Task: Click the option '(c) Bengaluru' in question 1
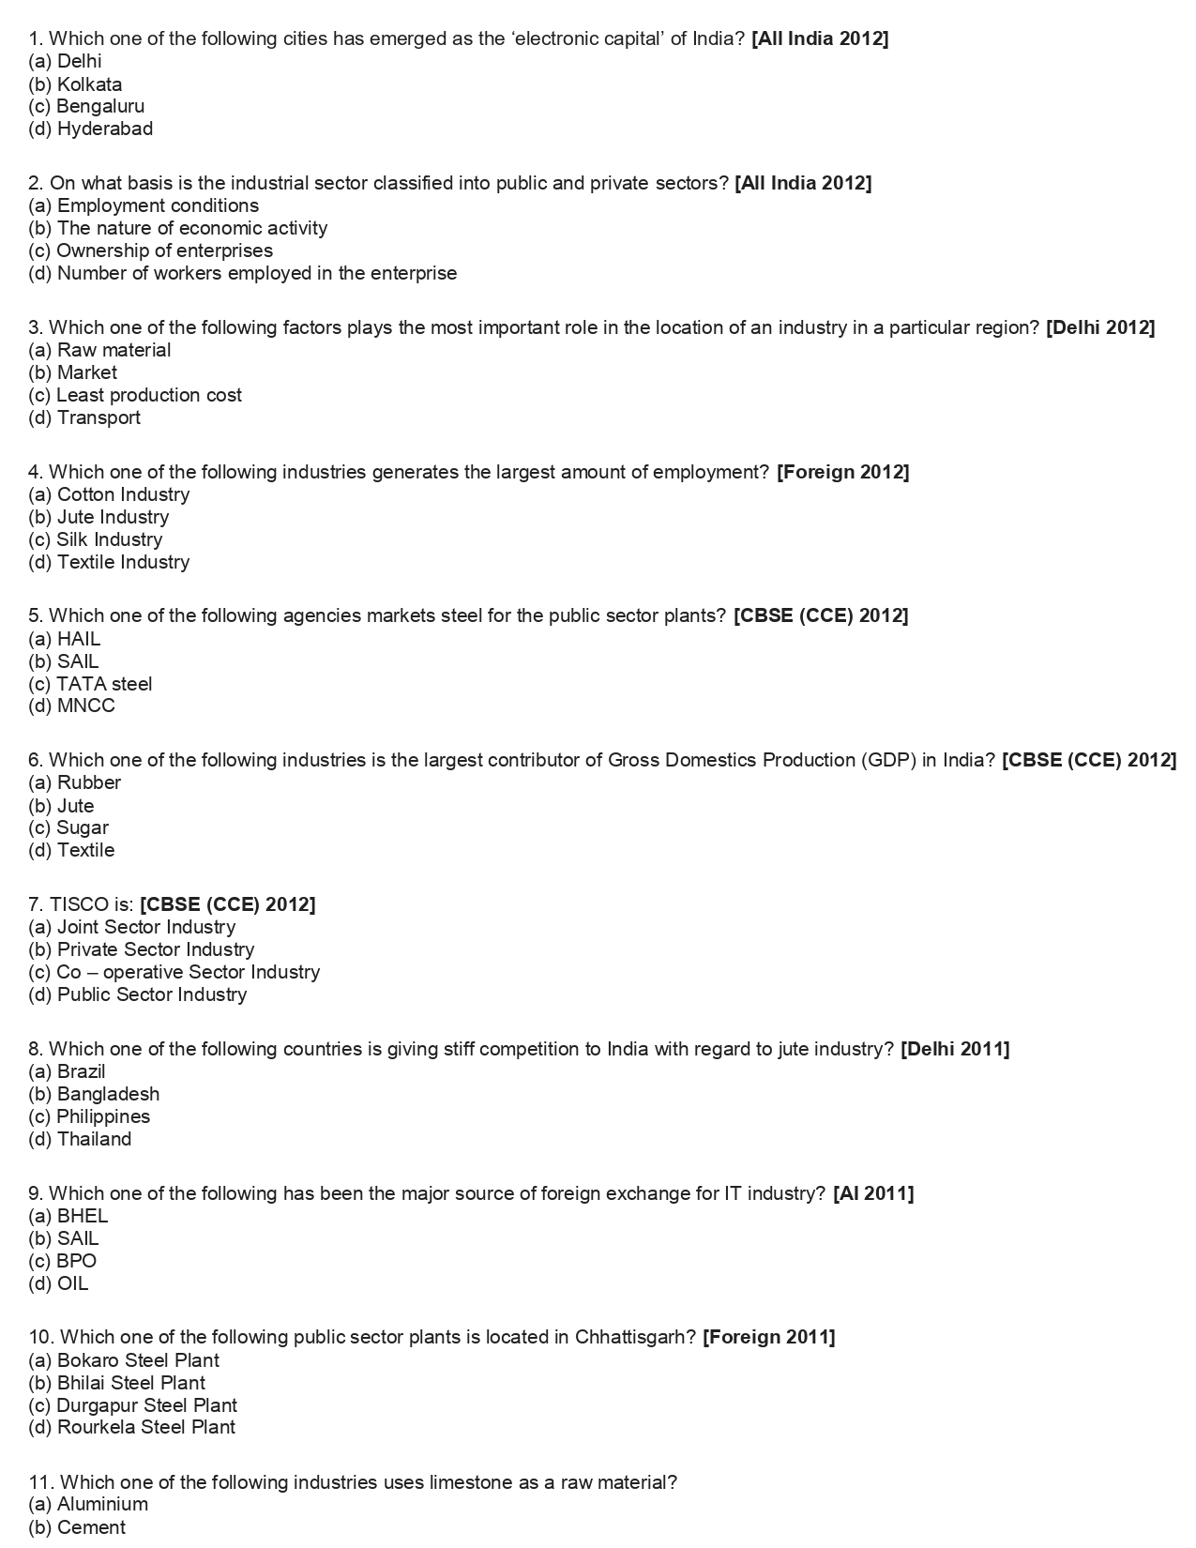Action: point(86,106)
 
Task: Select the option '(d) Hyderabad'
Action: point(90,129)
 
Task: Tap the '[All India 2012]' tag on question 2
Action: point(803,183)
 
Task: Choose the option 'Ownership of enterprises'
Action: point(150,250)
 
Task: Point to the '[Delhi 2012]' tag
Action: point(1100,327)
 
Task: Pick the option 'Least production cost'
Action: point(135,395)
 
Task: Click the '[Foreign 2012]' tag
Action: point(842,472)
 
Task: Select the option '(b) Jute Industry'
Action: point(98,517)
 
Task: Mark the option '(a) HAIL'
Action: point(64,639)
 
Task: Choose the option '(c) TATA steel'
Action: point(90,684)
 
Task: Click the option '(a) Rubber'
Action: point(74,782)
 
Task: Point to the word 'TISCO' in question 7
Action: point(80,904)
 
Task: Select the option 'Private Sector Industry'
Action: point(141,949)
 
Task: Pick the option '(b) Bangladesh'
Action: point(94,1094)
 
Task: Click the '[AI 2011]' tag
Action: point(872,1193)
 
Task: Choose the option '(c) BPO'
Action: point(62,1261)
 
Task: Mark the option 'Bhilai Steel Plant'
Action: point(116,1383)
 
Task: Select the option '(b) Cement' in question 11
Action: point(77,1527)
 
